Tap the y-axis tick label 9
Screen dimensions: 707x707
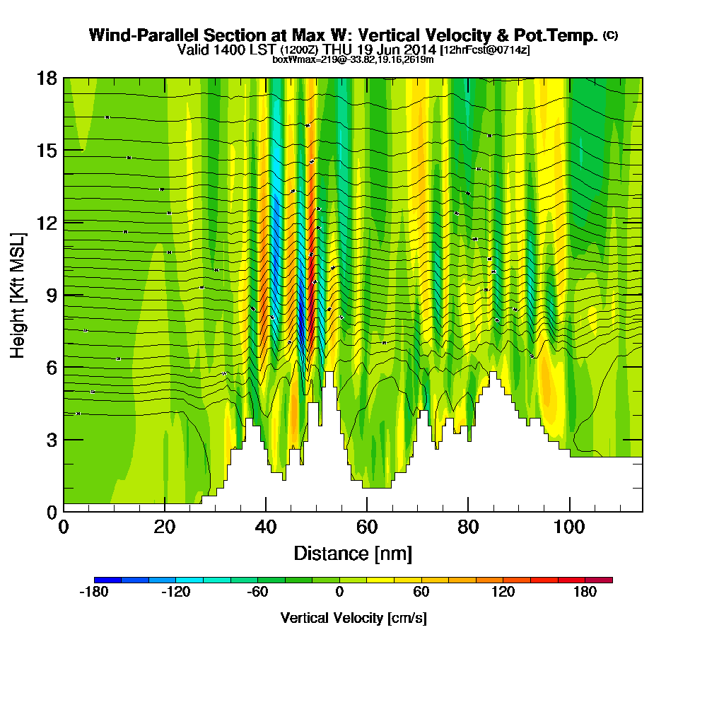tap(51, 295)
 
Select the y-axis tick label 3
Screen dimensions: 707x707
tap(51, 440)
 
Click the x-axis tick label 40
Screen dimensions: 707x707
tap(266, 527)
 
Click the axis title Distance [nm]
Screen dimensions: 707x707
tap(353, 553)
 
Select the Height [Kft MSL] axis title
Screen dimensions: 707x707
tap(18, 295)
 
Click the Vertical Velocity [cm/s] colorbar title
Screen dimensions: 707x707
tap(353, 618)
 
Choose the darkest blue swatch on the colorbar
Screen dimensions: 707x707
tap(107, 580)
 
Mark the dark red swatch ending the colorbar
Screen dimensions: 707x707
tap(599, 580)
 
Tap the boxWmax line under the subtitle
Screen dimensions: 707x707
tap(353, 59)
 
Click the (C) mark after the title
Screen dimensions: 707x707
tap(610, 35)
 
